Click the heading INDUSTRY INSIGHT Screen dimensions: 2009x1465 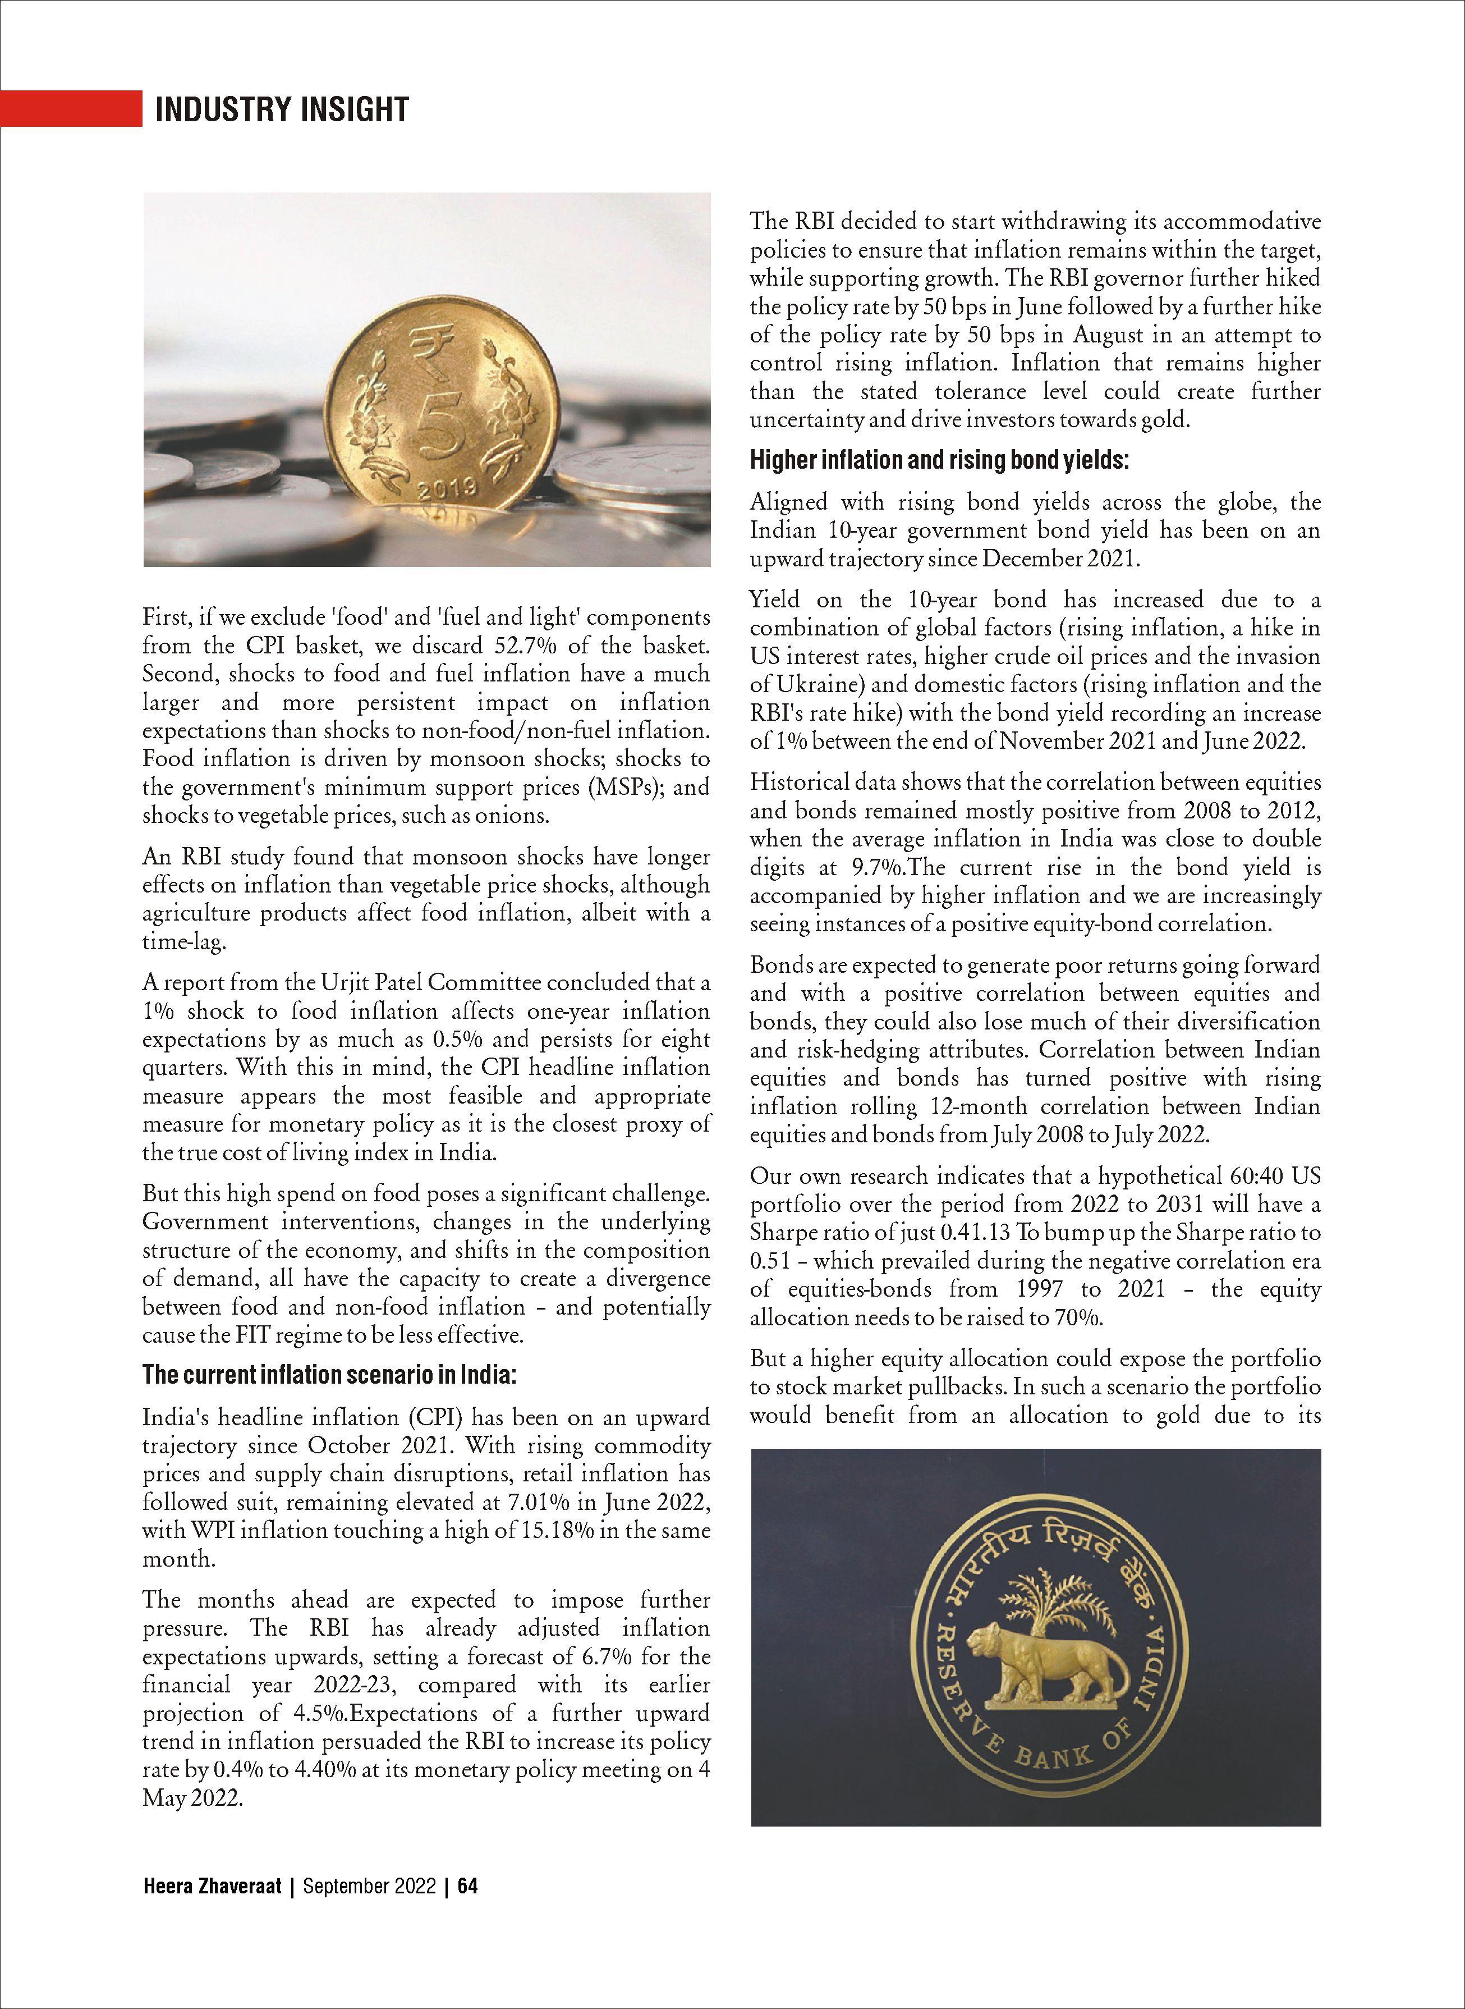coord(281,109)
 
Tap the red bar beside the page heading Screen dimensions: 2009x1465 coord(71,108)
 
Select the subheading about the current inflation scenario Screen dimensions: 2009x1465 coord(329,1376)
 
